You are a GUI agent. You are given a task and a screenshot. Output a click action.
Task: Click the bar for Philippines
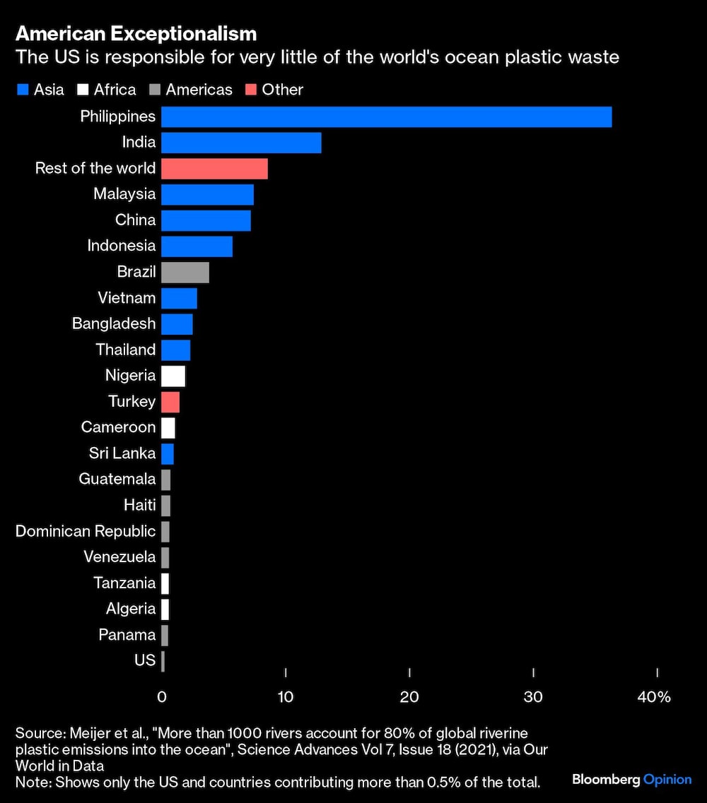pyautogui.click(x=386, y=117)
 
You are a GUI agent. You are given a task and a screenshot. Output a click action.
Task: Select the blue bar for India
pyautogui.click(x=241, y=143)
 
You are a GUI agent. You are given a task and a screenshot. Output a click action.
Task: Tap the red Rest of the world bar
pyautogui.click(x=214, y=169)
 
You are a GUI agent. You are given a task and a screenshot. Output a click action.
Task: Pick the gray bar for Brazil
pyautogui.click(x=185, y=272)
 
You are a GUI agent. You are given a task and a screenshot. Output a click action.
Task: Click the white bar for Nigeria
pyautogui.click(x=173, y=376)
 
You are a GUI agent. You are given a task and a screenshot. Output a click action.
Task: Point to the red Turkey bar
pyautogui.click(x=170, y=402)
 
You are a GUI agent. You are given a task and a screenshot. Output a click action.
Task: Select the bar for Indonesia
pyautogui.click(x=197, y=246)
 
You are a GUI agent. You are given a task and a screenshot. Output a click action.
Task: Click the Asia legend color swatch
pyautogui.click(x=22, y=90)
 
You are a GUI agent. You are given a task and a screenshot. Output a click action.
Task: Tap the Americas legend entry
pyautogui.click(x=199, y=90)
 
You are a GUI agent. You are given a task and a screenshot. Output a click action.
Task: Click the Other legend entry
pyautogui.click(x=282, y=90)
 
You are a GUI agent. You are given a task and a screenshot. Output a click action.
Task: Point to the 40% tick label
pyautogui.click(x=654, y=697)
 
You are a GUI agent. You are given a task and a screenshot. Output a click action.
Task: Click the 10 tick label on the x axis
pyautogui.click(x=285, y=697)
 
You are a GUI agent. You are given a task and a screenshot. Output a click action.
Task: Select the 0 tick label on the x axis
pyautogui.click(x=162, y=697)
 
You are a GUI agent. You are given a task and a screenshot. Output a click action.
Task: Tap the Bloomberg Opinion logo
pyautogui.click(x=631, y=780)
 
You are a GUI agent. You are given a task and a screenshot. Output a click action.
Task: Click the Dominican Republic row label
pyautogui.click(x=86, y=531)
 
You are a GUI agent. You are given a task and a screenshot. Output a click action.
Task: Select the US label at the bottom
pyautogui.click(x=145, y=660)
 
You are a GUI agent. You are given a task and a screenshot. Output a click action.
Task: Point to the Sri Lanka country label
pyautogui.click(x=122, y=453)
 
